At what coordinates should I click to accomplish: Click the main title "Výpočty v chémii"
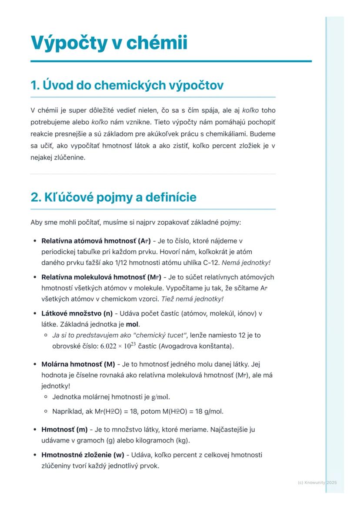tap(109, 43)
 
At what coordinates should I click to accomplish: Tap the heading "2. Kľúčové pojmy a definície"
tap(113, 197)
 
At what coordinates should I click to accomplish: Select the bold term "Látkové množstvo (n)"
tap(77, 313)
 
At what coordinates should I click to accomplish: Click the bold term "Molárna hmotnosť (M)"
tap(78, 364)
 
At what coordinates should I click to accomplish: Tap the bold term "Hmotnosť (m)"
tap(64, 429)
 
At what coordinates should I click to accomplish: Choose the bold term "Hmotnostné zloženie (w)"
tap(83, 455)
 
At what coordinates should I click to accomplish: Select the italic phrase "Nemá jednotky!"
tap(246, 263)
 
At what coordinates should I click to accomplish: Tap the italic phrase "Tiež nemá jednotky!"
tap(192, 299)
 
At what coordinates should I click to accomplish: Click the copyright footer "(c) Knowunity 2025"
tap(317, 482)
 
